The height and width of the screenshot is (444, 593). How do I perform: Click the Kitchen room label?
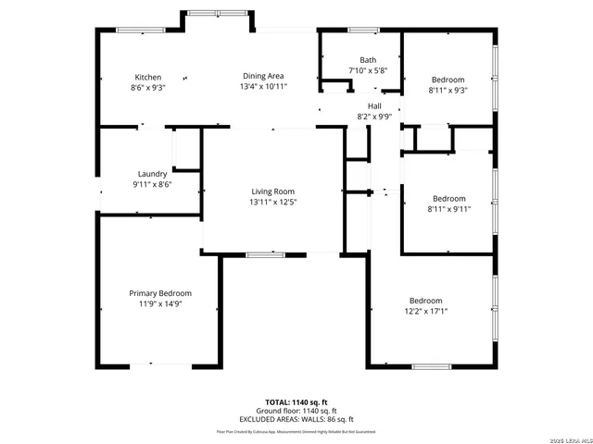(x=148, y=77)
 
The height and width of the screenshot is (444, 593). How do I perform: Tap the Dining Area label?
(x=264, y=76)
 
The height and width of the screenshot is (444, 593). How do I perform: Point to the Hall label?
(x=374, y=106)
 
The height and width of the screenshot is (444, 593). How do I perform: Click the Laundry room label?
(x=152, y=174)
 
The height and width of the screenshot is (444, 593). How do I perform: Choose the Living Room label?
(x=272, y=191)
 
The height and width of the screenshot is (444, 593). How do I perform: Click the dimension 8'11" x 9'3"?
(x=448, y=90)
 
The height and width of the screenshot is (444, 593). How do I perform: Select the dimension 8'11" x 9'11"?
(x=449, y=208)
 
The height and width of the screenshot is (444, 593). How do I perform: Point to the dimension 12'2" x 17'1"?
(x=426, y=311)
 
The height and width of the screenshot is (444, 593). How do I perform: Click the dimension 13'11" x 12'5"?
(x=272, y=202)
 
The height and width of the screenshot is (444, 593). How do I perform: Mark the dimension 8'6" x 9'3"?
(x=148, y=87)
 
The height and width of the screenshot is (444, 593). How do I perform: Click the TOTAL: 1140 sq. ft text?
(x=296, y=403)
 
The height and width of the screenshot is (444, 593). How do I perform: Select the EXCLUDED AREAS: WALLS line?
(x=296, y=418)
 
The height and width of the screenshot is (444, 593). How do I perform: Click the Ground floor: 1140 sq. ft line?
(x=296, y=411)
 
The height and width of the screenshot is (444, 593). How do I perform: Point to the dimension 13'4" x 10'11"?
(x=264, y=86)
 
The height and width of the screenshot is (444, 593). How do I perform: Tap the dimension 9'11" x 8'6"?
(x=152, y=184)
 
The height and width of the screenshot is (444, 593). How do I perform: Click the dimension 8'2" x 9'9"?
(x=374, y=117)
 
